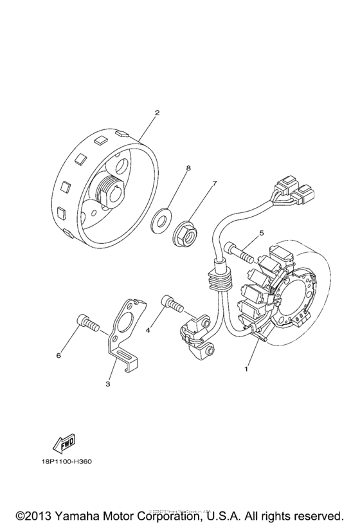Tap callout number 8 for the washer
(188, 169)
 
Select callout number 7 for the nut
(215, 183)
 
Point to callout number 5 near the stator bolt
(262, 233)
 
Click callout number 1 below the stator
(246, 370)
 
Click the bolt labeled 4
(172, 302)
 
